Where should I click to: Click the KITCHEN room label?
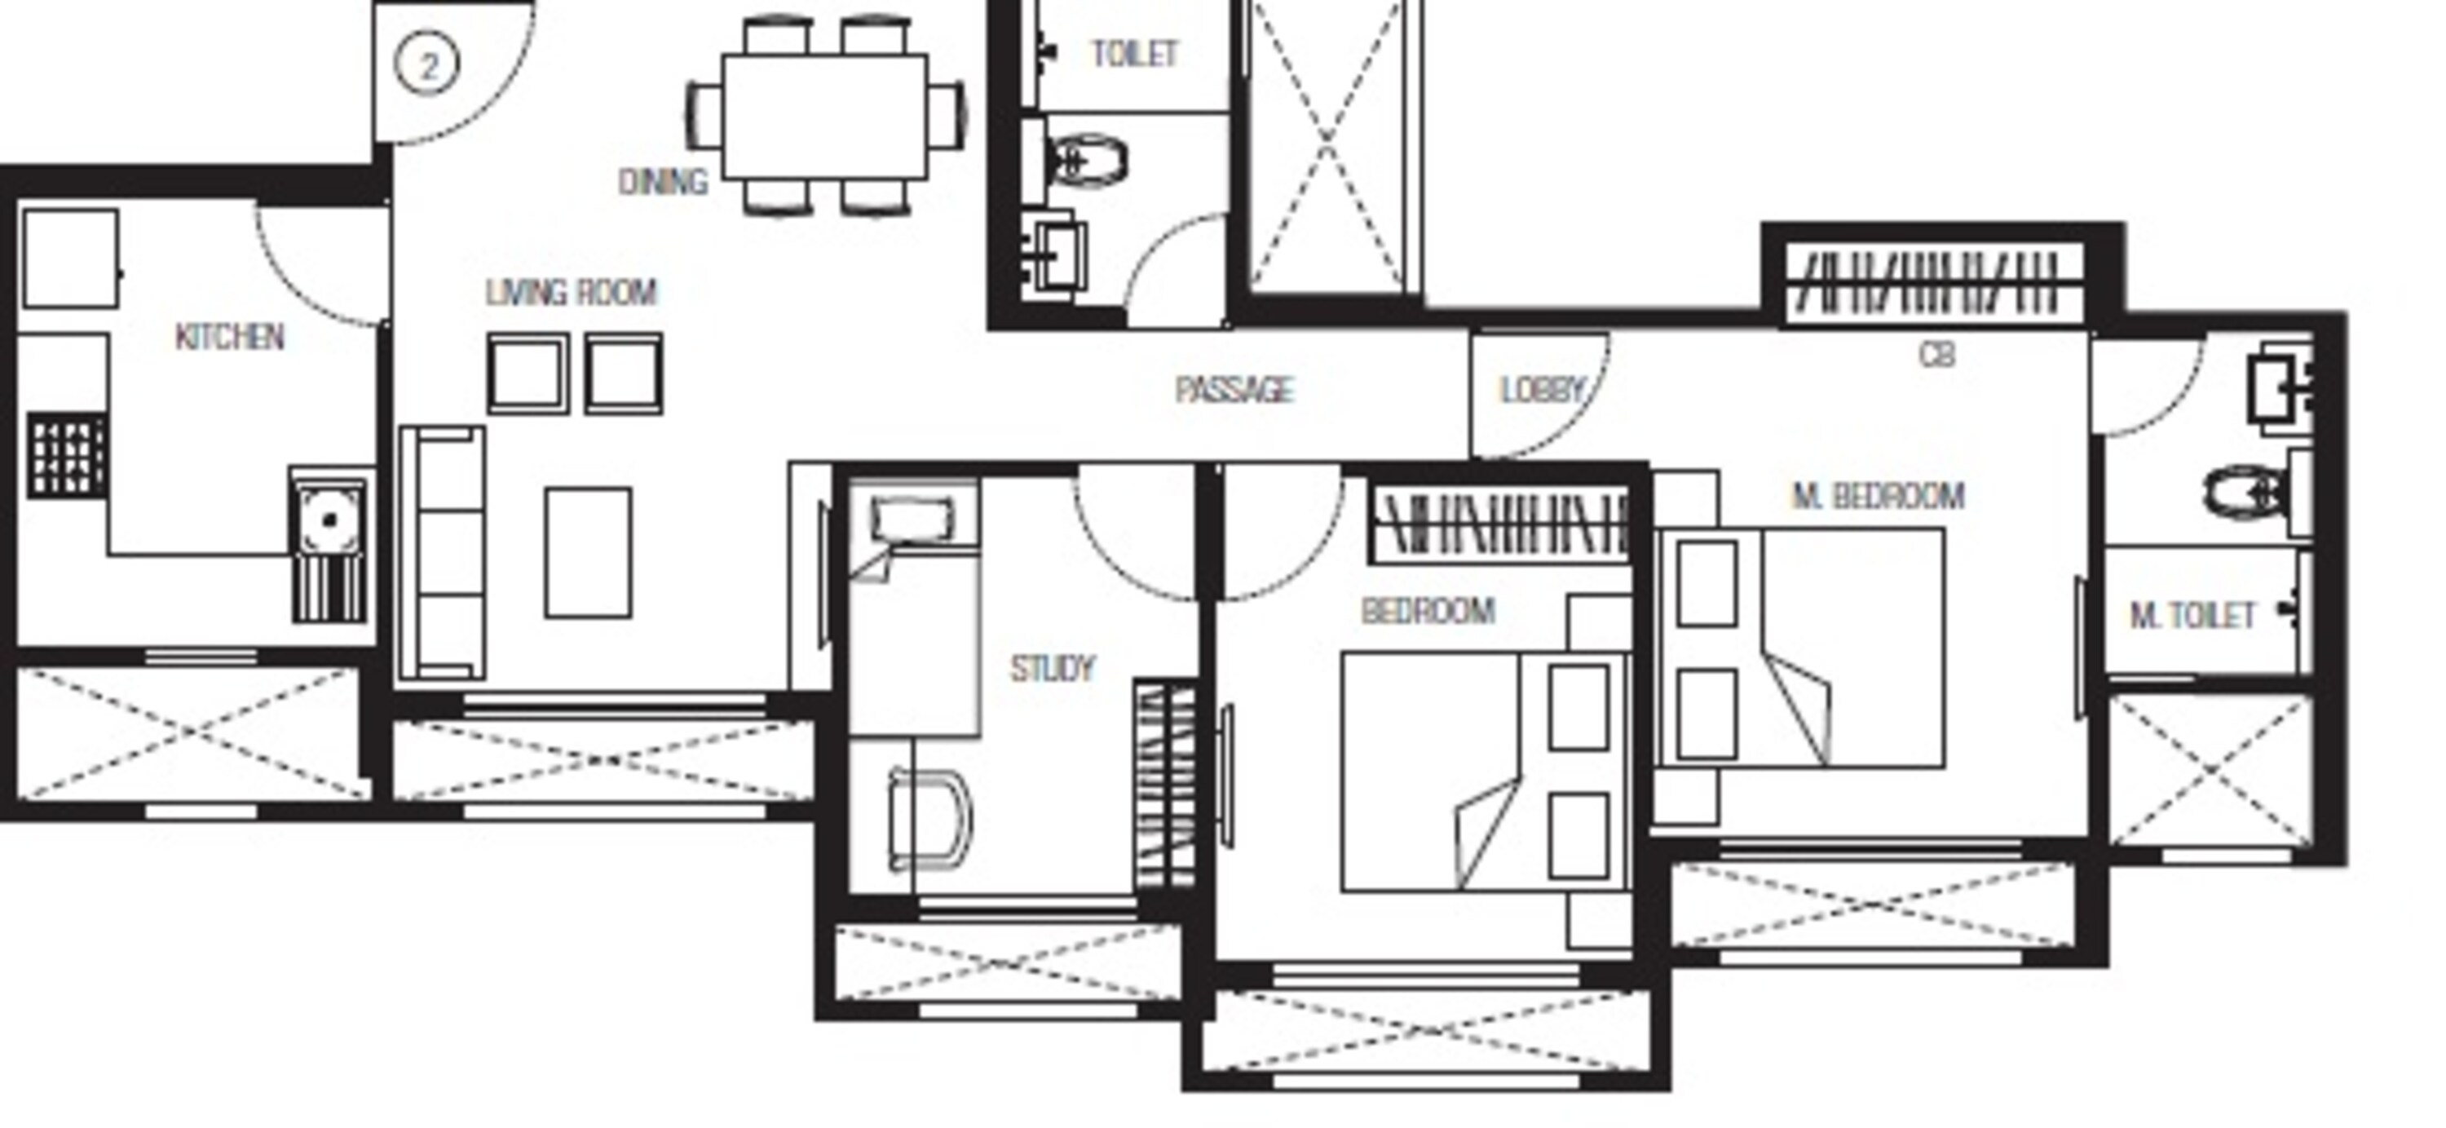pyautogui.click(x=230, y=336)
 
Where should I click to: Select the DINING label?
pyautogui.click(x=663, y=181)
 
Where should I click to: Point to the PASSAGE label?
pyautogui.click(x=1234, y=389)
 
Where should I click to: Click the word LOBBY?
pyautogui.click(x=1542, y=389)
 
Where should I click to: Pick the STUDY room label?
pyautogui.click(x=1052, y=669)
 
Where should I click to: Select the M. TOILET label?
pyautogui.click(x=2192, y=617)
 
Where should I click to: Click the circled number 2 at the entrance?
pyautogui.click(x=427, y=65)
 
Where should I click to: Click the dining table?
pyautogui.click(x=824, y=117)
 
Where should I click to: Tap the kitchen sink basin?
pyautogui.click(x=329, y=520)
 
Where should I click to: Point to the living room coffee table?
pyautogui.click(x=588, y=553)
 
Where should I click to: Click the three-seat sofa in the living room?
pyautogui.click(x=443, y=554)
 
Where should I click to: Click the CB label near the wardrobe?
pyautogui.click(x=1936, y=354)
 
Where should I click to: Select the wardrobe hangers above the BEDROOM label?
pyautogui.click(x=1500, y=521)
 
